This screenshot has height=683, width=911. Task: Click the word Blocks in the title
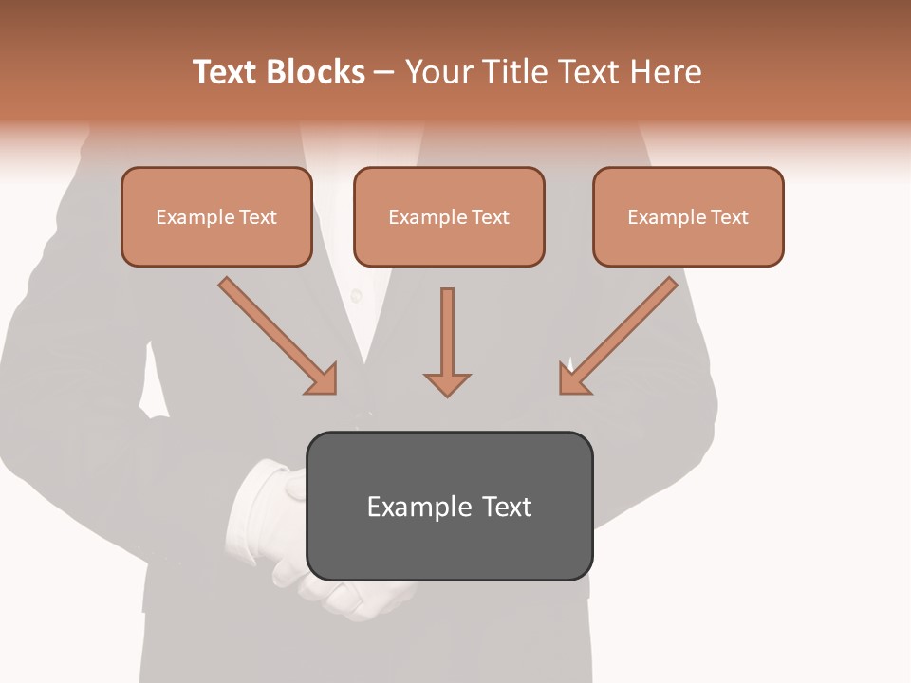315,72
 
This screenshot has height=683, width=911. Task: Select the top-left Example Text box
216,217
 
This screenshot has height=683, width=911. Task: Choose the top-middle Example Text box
449,217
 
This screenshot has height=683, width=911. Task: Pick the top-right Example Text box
688,217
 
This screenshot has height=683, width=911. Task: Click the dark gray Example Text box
449,506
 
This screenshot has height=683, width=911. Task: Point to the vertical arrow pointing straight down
447,337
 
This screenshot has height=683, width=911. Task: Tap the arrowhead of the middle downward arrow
447,383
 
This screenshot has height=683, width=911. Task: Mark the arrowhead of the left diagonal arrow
323,379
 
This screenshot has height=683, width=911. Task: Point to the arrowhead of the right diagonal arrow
573,379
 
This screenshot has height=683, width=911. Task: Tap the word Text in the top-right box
729,217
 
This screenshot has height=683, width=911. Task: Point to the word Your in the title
435,72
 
